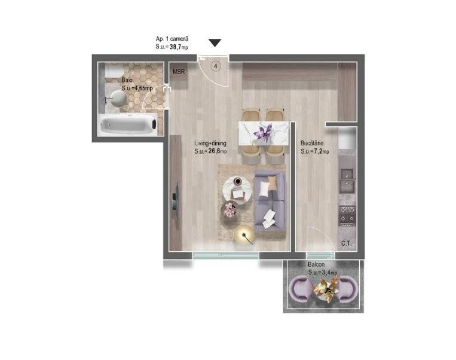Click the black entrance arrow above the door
tap(215, 43)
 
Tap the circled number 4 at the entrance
tap(216, 66)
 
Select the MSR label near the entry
tap(179, 71)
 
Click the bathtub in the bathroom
tap(128, 124)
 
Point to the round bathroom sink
tap(118, 98)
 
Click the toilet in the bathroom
tap(114, 71)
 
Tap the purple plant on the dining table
tap(263, 133)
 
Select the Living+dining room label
tap(210, 143)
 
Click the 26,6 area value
tap(214, 151)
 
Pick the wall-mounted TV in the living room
tap(175, 200)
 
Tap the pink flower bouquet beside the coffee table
tap(230, 210)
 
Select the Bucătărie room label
tap(312, 143)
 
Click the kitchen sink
tap(347, 181)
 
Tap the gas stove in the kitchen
tap(348, 216)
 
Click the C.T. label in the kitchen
tap(347, 243)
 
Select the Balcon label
tap(316, 264)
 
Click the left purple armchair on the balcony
tap(300, 289)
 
